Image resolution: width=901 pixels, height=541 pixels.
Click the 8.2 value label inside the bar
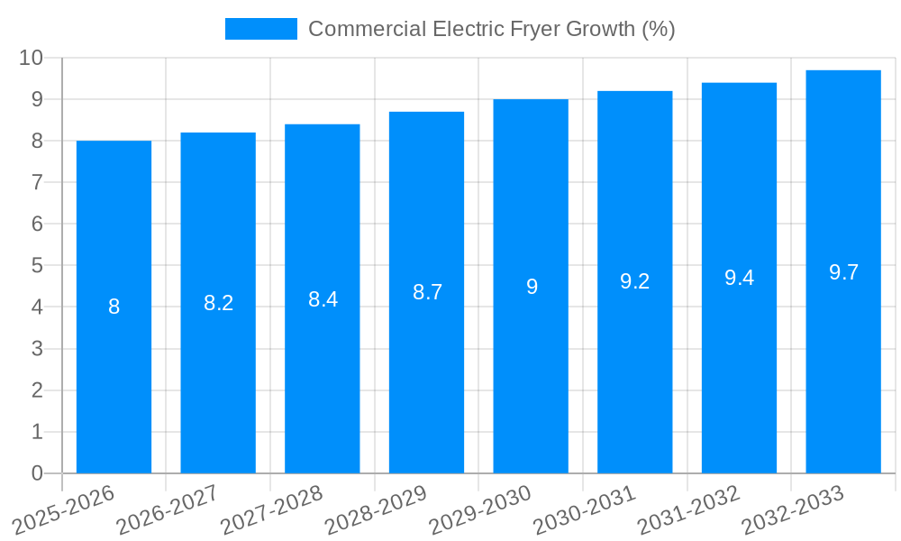point(218,303)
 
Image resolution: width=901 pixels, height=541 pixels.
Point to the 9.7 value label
point(843,272)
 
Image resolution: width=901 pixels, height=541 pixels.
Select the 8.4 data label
point(323,299)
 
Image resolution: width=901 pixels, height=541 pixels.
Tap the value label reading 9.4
point(739,278)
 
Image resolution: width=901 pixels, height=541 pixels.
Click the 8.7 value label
point(427,292)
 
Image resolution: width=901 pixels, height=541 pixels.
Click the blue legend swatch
point(260,29)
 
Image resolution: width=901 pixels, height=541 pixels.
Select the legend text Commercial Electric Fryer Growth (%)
point(491,29)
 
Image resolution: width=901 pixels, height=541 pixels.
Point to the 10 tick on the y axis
point(32,58)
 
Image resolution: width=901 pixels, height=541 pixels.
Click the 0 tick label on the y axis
point(37,473)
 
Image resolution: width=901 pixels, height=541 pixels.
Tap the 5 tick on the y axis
point(37,266)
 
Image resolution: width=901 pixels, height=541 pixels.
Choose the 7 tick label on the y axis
point(37,182)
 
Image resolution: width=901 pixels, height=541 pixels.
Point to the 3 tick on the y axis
point(37,349)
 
